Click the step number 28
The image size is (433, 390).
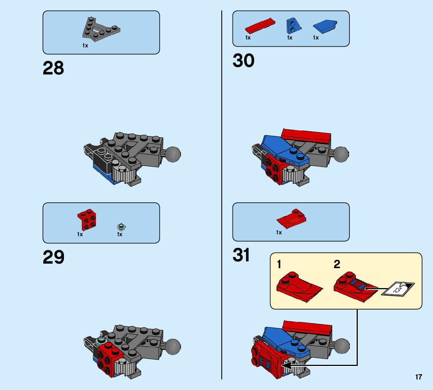click(53, 68)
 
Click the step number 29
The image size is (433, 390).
click(53, 258)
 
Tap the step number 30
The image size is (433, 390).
click(243, 61)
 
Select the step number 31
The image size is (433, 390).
click(241, 255)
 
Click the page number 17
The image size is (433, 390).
click(419, 377)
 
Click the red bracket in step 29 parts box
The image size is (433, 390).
click(87, 219)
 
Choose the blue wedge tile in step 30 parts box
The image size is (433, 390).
click(325, 26)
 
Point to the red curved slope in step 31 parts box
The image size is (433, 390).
click(291, 219)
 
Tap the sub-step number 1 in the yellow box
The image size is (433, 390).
click(279, 264)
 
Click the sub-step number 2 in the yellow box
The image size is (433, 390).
click(337, 264)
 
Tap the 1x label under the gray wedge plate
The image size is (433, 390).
click(85, 46)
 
